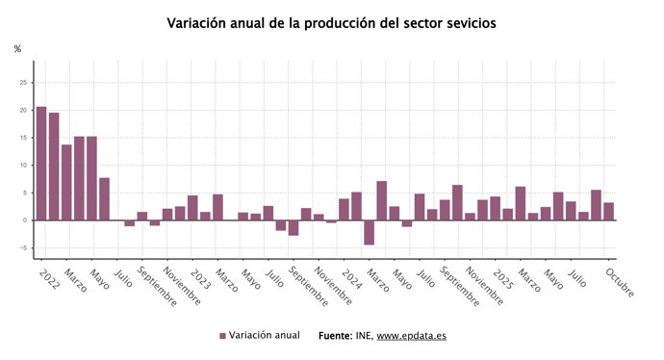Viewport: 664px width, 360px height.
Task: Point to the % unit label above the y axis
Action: (x=17, y=49)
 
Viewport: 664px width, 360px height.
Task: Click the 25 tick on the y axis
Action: (x=23, y=83)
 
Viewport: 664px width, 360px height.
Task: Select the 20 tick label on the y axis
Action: (x=23, y=110)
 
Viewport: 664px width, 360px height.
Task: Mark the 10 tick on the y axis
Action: (x=23, y=166)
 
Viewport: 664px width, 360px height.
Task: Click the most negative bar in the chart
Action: (x=369, y=232)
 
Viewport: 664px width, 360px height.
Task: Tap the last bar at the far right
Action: (x=608, y=212)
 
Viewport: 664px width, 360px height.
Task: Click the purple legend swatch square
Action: (x=222, y=336)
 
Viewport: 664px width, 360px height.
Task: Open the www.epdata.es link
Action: (x=411, y=336)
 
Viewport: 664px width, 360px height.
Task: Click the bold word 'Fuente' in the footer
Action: (x=336, y=336)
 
